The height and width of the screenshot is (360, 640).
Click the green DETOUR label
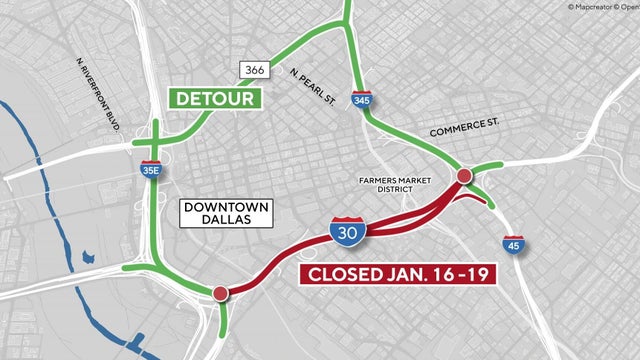[x=215, y=99]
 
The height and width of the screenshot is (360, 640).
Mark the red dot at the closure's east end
[x=464, y=177]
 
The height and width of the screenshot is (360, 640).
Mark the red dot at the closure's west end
[x=220, y=293]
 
